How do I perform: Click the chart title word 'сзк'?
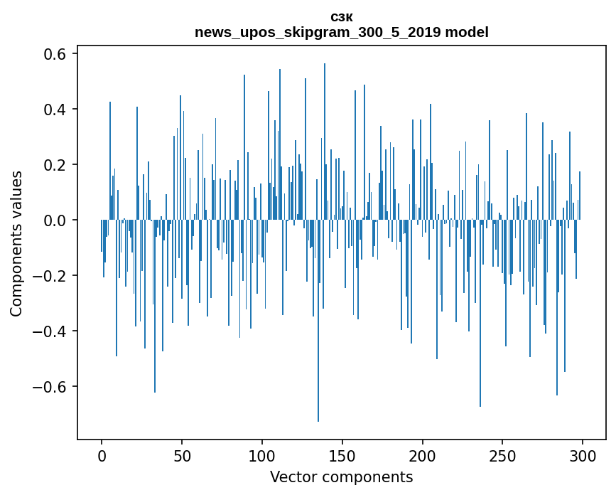pos(341,18)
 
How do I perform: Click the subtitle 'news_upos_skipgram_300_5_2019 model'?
pos(341,32)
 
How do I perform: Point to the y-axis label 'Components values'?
pos(16,244)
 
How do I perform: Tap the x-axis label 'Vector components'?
pos(341,477)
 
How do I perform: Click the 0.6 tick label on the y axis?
pos(55,54)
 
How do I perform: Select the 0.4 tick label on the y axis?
pos(55,110)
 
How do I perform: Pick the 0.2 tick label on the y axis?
pos(55,165)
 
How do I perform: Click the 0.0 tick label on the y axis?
pos(55,220)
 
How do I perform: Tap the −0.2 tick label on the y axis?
pos(49,276)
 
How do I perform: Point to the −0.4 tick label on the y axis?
pos(49,331)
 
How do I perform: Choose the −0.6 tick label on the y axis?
pos(49,387)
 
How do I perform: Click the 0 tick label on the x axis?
pos(102,457)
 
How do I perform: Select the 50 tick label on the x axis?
pos(182,457)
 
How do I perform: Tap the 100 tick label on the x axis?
pos(262,457)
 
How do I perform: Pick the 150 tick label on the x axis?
pos(342,457)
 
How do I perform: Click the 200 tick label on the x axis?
pos(423,457)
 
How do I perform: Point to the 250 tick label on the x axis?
pos(502,457)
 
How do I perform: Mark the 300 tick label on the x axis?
pos(583,457)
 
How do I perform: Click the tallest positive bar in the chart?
pos(325,142)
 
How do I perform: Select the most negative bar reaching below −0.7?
pos(318,321)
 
